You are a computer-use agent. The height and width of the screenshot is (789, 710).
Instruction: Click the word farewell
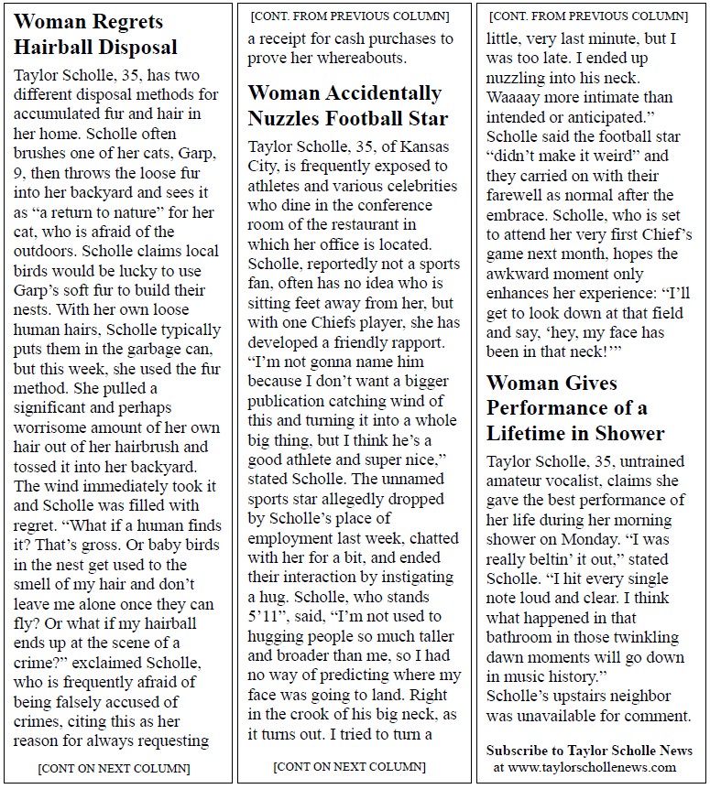pyautogui.click(x=520, y=195)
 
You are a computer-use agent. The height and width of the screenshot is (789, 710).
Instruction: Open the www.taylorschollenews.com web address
pyautogui.click(x=589, y=767)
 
